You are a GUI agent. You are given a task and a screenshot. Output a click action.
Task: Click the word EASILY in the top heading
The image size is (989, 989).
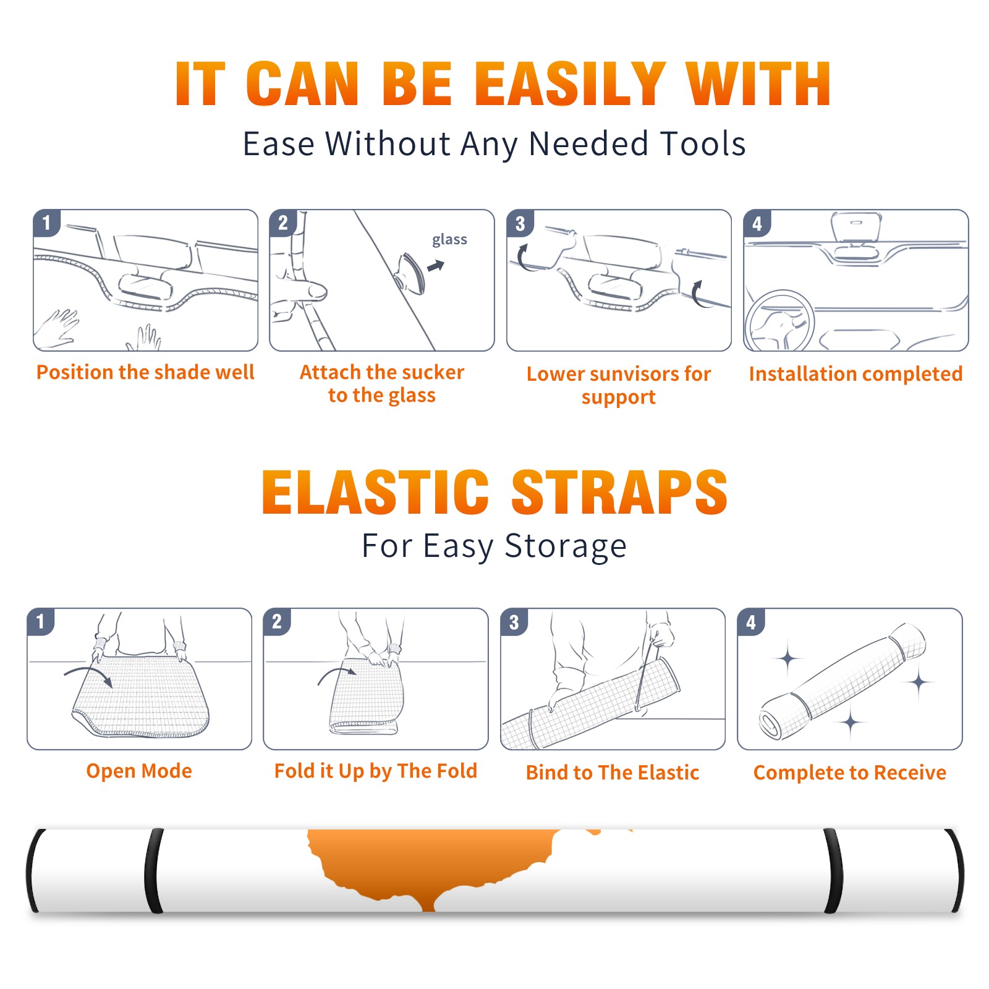[x=570, y=83]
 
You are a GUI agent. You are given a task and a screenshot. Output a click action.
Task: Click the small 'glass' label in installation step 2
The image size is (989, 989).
[x=449, y=240]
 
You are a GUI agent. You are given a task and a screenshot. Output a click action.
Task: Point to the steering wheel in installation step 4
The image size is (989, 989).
[x=779, y=321]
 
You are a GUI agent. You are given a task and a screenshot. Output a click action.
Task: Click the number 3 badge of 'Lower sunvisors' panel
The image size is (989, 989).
[x=520, y=223]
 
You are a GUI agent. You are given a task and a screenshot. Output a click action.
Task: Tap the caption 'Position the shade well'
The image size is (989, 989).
[x=145, y=372]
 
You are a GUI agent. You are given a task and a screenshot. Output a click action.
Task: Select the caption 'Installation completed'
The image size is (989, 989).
[x=855, y=373]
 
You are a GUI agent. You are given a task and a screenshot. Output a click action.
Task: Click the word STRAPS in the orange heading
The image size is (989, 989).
[x=619, y=492]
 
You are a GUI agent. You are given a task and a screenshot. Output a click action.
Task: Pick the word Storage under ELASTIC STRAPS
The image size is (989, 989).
[x=566, y=546]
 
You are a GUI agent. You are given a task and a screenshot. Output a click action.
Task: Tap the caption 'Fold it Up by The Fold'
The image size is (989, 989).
[x=376, y=771]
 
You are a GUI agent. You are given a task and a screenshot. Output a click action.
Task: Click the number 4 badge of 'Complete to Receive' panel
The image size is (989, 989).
[x=751, y=622]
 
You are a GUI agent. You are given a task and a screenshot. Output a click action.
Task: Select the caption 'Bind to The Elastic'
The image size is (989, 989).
[x=613, y=773]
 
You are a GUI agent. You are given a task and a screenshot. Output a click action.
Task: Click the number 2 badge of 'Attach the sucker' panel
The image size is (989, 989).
[x=283, y=223]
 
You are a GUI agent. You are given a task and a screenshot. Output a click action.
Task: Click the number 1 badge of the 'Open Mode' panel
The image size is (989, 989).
[x=41, y=622]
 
